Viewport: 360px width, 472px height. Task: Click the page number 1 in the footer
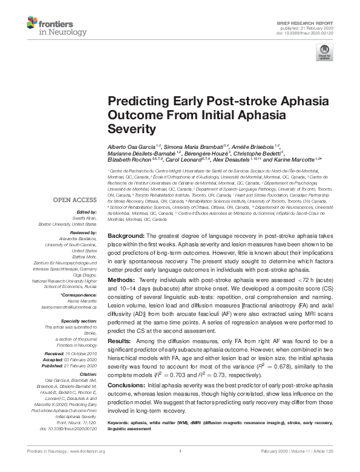coord(180,468)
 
